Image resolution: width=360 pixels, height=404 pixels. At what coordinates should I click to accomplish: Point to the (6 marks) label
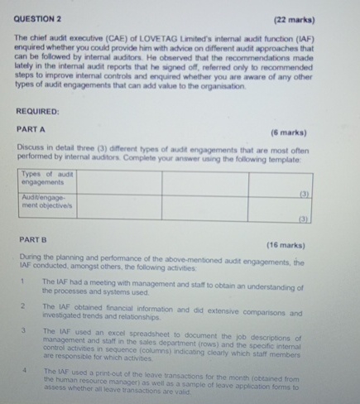(x=287, y=132)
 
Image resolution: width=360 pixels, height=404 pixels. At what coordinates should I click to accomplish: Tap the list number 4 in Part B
(x=26, y=371)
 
